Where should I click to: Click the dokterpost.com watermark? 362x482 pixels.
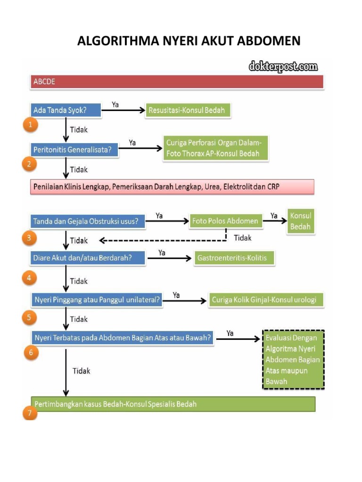coord(283,67)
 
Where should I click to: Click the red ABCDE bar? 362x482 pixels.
coord(177,81)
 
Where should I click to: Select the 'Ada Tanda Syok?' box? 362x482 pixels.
coord(66,110)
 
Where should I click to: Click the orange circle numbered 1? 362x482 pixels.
coord(30,125)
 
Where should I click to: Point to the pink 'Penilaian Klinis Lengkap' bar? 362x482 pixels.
coord(172,187)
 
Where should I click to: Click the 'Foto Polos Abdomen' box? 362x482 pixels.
coord(226,221)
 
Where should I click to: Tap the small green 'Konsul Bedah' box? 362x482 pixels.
coord(301,221)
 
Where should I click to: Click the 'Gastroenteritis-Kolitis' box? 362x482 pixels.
coord(233,258)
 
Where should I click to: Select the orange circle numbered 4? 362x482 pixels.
coord(29,278)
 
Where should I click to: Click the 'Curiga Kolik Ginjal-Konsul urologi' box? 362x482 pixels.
coord(267,299)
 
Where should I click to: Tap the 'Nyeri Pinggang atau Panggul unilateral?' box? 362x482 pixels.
coord(97,299)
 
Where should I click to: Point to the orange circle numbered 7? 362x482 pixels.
coord(29,413)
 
